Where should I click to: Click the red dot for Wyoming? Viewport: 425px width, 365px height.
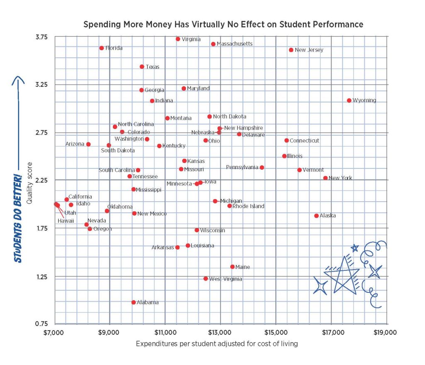(x=349, y=100)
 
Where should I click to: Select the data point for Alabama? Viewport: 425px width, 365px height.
(x=134, y=302)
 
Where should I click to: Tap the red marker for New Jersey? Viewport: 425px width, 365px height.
(x=291, y=50)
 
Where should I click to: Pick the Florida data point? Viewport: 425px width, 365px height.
(x=102, y=48)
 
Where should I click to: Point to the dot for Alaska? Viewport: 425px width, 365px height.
(x=316, y=216)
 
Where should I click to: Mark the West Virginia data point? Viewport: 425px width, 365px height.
(x=205, y=279)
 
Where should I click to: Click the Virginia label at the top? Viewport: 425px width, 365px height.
(x=191, y=39)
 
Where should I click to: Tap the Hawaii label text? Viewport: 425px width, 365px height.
(x=66, y=221)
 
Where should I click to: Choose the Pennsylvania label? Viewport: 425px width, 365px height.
(x=242, y=167)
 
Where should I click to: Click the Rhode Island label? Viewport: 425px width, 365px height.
(x=248, y=206)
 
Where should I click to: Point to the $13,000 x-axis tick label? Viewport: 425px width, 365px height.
(x=220, y=332)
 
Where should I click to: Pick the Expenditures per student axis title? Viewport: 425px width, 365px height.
(x=216, y=344)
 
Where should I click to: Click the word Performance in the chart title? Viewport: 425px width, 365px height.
(x=337, y=24)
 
